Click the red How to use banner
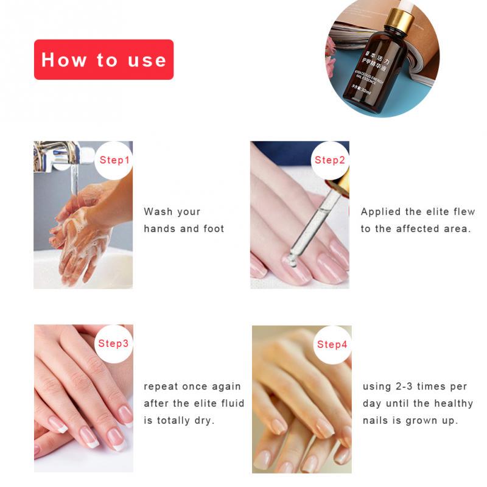103,60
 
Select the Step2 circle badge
330,160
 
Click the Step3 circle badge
113,343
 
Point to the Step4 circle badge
332,345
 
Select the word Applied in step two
381,212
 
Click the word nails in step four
376,421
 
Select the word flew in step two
464,212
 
